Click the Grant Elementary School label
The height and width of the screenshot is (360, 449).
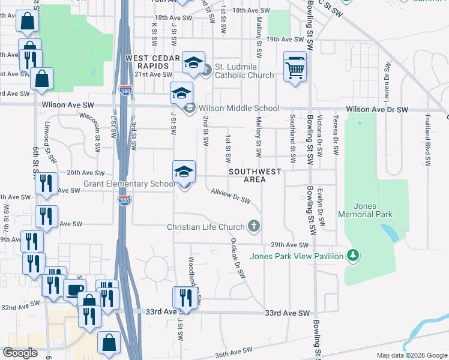(129, 184)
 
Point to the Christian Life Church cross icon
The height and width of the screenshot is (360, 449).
(255, 226)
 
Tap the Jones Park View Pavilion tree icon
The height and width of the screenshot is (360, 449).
(354, 256)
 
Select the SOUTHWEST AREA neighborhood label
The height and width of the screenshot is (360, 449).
(255, 175)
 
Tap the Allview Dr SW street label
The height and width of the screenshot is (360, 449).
(231, 196)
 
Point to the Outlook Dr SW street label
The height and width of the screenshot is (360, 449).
(238, 259)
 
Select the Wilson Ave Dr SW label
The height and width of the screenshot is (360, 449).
(377, 110)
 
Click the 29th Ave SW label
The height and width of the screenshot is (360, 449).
(289, 245)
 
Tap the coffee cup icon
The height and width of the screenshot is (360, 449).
(74, 290)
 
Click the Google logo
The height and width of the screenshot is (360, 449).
(20, 353)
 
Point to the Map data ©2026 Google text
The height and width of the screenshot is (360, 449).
(411, 355)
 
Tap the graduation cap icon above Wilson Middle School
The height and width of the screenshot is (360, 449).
(181, 93)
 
